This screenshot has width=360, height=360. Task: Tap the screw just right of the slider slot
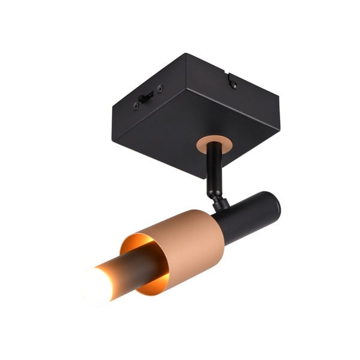click(160, 89)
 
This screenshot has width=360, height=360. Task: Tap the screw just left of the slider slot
click(136, 106)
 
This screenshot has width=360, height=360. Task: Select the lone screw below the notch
click(233, 85)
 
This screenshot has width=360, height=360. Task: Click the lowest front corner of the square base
click(202, 178)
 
